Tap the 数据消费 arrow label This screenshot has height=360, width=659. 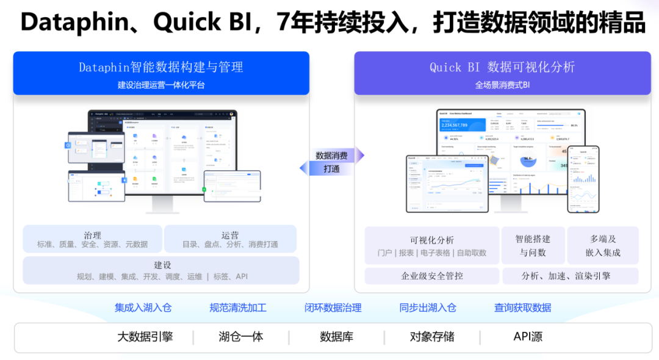[x=332, y=156]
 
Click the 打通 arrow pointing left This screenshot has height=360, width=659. [x=329, y=168]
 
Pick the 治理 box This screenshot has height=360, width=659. [x=93, y=239]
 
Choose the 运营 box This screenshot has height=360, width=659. [x=230, y=239]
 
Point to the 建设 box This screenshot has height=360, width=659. [x=162, y=270]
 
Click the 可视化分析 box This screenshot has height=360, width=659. [x=432, y=246]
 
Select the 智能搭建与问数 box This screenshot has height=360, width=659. [x=533, y=246]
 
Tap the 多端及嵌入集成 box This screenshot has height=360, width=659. [x=603, y=246]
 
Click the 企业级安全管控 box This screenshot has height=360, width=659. [x=432, y=276]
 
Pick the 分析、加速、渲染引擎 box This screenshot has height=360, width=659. [x=571, y=276]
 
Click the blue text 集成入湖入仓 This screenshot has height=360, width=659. [x=143, y=308]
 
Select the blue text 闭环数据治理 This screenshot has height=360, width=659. [x=333, y=308]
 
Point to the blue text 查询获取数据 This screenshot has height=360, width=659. [x=523, y=308]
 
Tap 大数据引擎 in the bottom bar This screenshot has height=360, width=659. [x=145, y=337]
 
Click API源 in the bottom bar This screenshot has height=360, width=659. [x=528, y=337]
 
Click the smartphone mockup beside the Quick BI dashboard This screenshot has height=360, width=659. [x=583, y=179]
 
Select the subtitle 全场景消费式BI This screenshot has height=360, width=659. [x=502, y=85]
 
